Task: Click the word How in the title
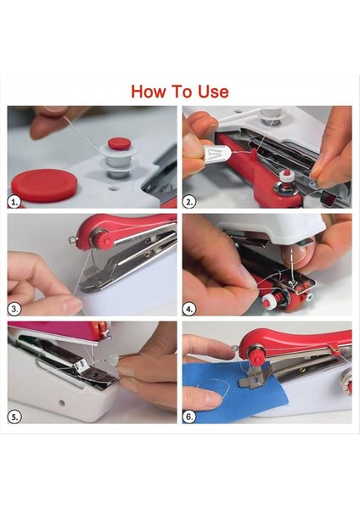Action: click(148, 92)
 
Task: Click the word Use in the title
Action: click(213, 92)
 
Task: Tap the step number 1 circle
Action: click(14, 202)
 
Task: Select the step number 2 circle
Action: click(189, 202)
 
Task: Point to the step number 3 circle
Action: click(14, 309)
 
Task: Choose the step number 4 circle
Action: click(189, 309)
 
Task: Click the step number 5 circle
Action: click(14, 417)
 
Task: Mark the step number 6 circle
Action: click(189, 417)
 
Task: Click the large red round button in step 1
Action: click(44, 185)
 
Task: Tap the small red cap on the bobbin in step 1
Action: click(120, 143)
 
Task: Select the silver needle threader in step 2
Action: click(217, 154)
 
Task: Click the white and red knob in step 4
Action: click(272, 299)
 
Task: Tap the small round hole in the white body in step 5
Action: click(62, 403)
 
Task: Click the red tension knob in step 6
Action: click(256, 355)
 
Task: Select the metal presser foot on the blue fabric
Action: click(256, 376)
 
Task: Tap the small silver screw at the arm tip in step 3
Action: click(72, 240)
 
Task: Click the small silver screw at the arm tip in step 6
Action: click(235, 349)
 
